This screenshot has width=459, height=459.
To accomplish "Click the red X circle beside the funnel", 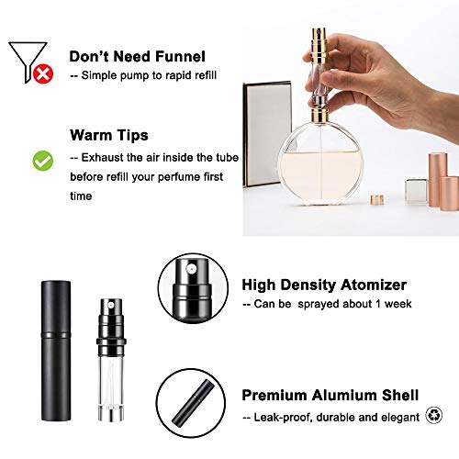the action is [x=43, y=73].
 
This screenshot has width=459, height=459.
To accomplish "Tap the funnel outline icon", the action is [x=27, y=61].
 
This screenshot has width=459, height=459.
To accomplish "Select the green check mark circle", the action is [x=43, y=161].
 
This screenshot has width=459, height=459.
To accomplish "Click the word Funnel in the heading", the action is [x=180, y=57].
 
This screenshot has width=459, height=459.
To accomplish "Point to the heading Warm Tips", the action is [x=109, y=135].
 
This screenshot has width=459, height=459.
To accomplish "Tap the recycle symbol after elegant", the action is [x=434, y=415].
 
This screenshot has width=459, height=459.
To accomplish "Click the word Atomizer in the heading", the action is [x=374, y=285].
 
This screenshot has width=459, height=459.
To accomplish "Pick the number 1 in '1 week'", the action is [x=378, y=304].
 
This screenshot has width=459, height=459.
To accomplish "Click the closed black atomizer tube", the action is [x=56, y=351].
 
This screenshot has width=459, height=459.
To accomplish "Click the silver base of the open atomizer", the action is [x=111, y=413].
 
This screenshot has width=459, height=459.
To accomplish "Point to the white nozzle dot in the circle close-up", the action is [x=191, y=269].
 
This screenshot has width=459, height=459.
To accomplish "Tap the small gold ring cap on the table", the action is [x=377, y=199].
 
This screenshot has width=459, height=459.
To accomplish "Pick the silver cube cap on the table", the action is [x=416, y=190].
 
